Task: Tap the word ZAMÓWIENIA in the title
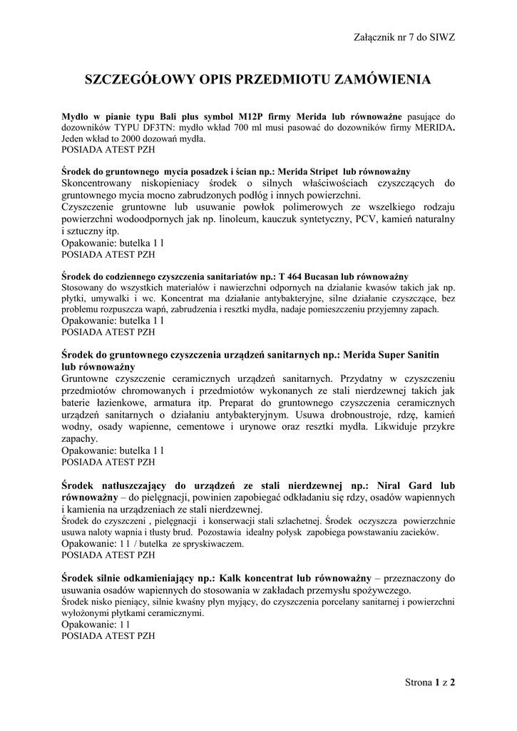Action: point(389,79)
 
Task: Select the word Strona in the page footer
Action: point(419,682)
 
